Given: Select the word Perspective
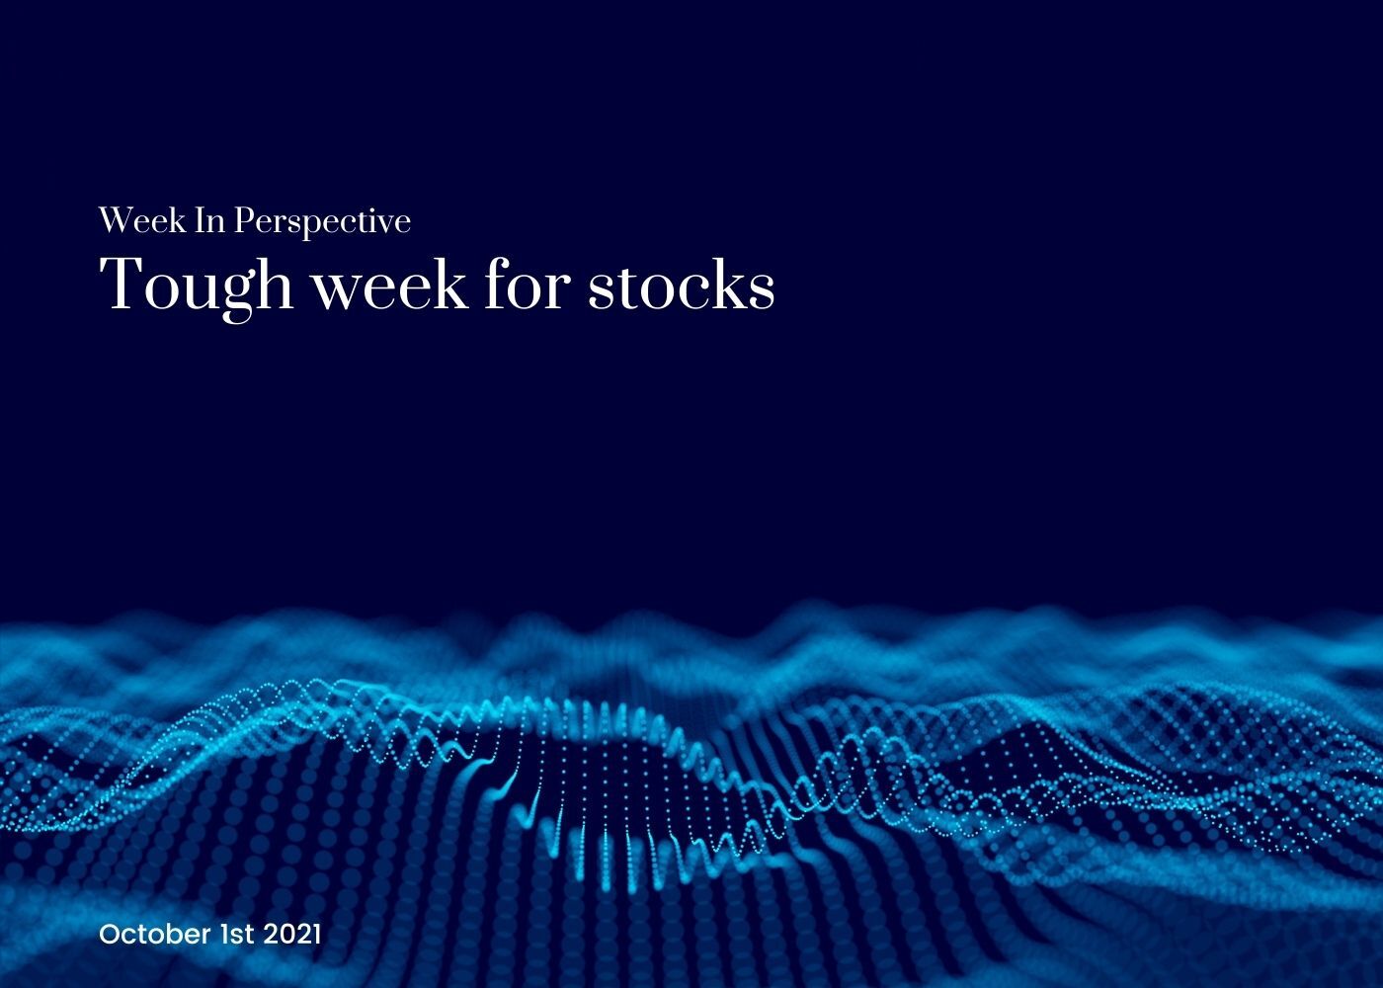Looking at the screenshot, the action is (x=322, y=222).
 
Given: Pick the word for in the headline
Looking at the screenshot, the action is (x=528, y=283).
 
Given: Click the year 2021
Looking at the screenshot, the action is (x=292, y=934).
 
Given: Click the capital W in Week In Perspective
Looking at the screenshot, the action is (x=117, y=220).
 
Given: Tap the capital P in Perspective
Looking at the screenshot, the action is (x=245, y=220).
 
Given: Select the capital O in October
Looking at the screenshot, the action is (x=110, y=935).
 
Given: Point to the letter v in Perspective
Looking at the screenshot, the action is (x=386, y=225).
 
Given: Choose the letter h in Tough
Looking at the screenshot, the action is (x=274, y=283).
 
